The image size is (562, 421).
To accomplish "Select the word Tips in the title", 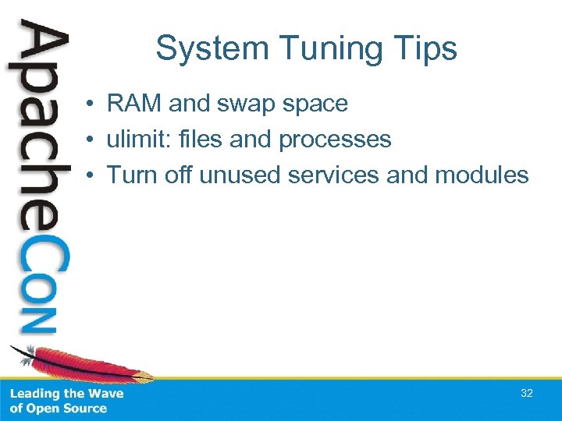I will (x=426, y=48).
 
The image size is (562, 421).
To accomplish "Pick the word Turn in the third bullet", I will (x=130, y=175).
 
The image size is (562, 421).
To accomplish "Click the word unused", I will (x=240, y=175).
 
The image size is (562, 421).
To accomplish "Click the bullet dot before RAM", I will (x=91, y=104).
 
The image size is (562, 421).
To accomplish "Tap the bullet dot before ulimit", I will (x=91, y=140).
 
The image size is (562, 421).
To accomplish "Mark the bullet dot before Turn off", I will (x=91, y=175).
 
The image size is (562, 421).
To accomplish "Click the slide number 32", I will (x=527, y=394).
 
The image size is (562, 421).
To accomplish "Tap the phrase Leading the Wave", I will (x=66, y=394).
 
